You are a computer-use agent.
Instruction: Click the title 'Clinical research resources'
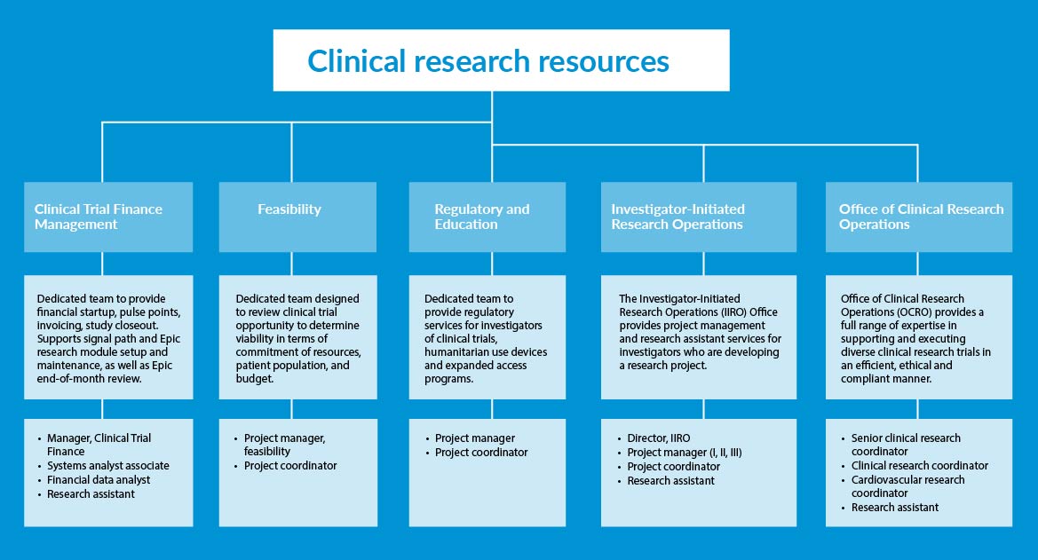point(488,61)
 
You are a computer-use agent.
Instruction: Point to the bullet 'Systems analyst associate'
point(107,466)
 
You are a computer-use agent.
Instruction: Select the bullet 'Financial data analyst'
point(99,480)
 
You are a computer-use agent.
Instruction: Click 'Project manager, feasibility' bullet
point(284,445)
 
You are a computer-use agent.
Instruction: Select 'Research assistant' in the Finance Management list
point(91,494)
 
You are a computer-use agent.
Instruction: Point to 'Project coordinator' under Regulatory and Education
point(481,453)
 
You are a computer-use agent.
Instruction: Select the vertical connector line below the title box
point(491,106)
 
